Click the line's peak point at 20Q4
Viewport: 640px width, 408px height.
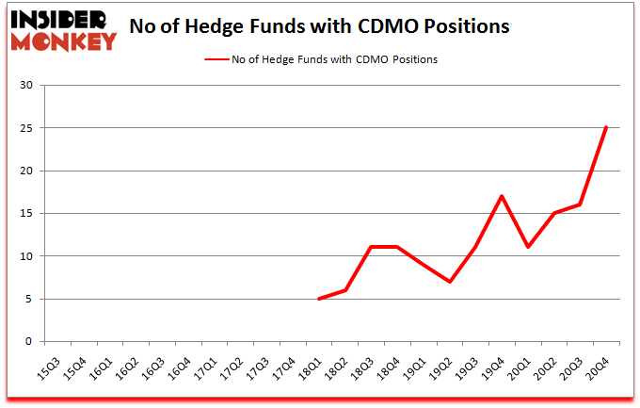pyautogui.click(x=606, y=127)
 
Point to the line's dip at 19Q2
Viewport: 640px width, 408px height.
pyautogui.click(x=451, y=282)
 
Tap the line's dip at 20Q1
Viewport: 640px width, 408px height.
pyautogui.click(x=528, y=247)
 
